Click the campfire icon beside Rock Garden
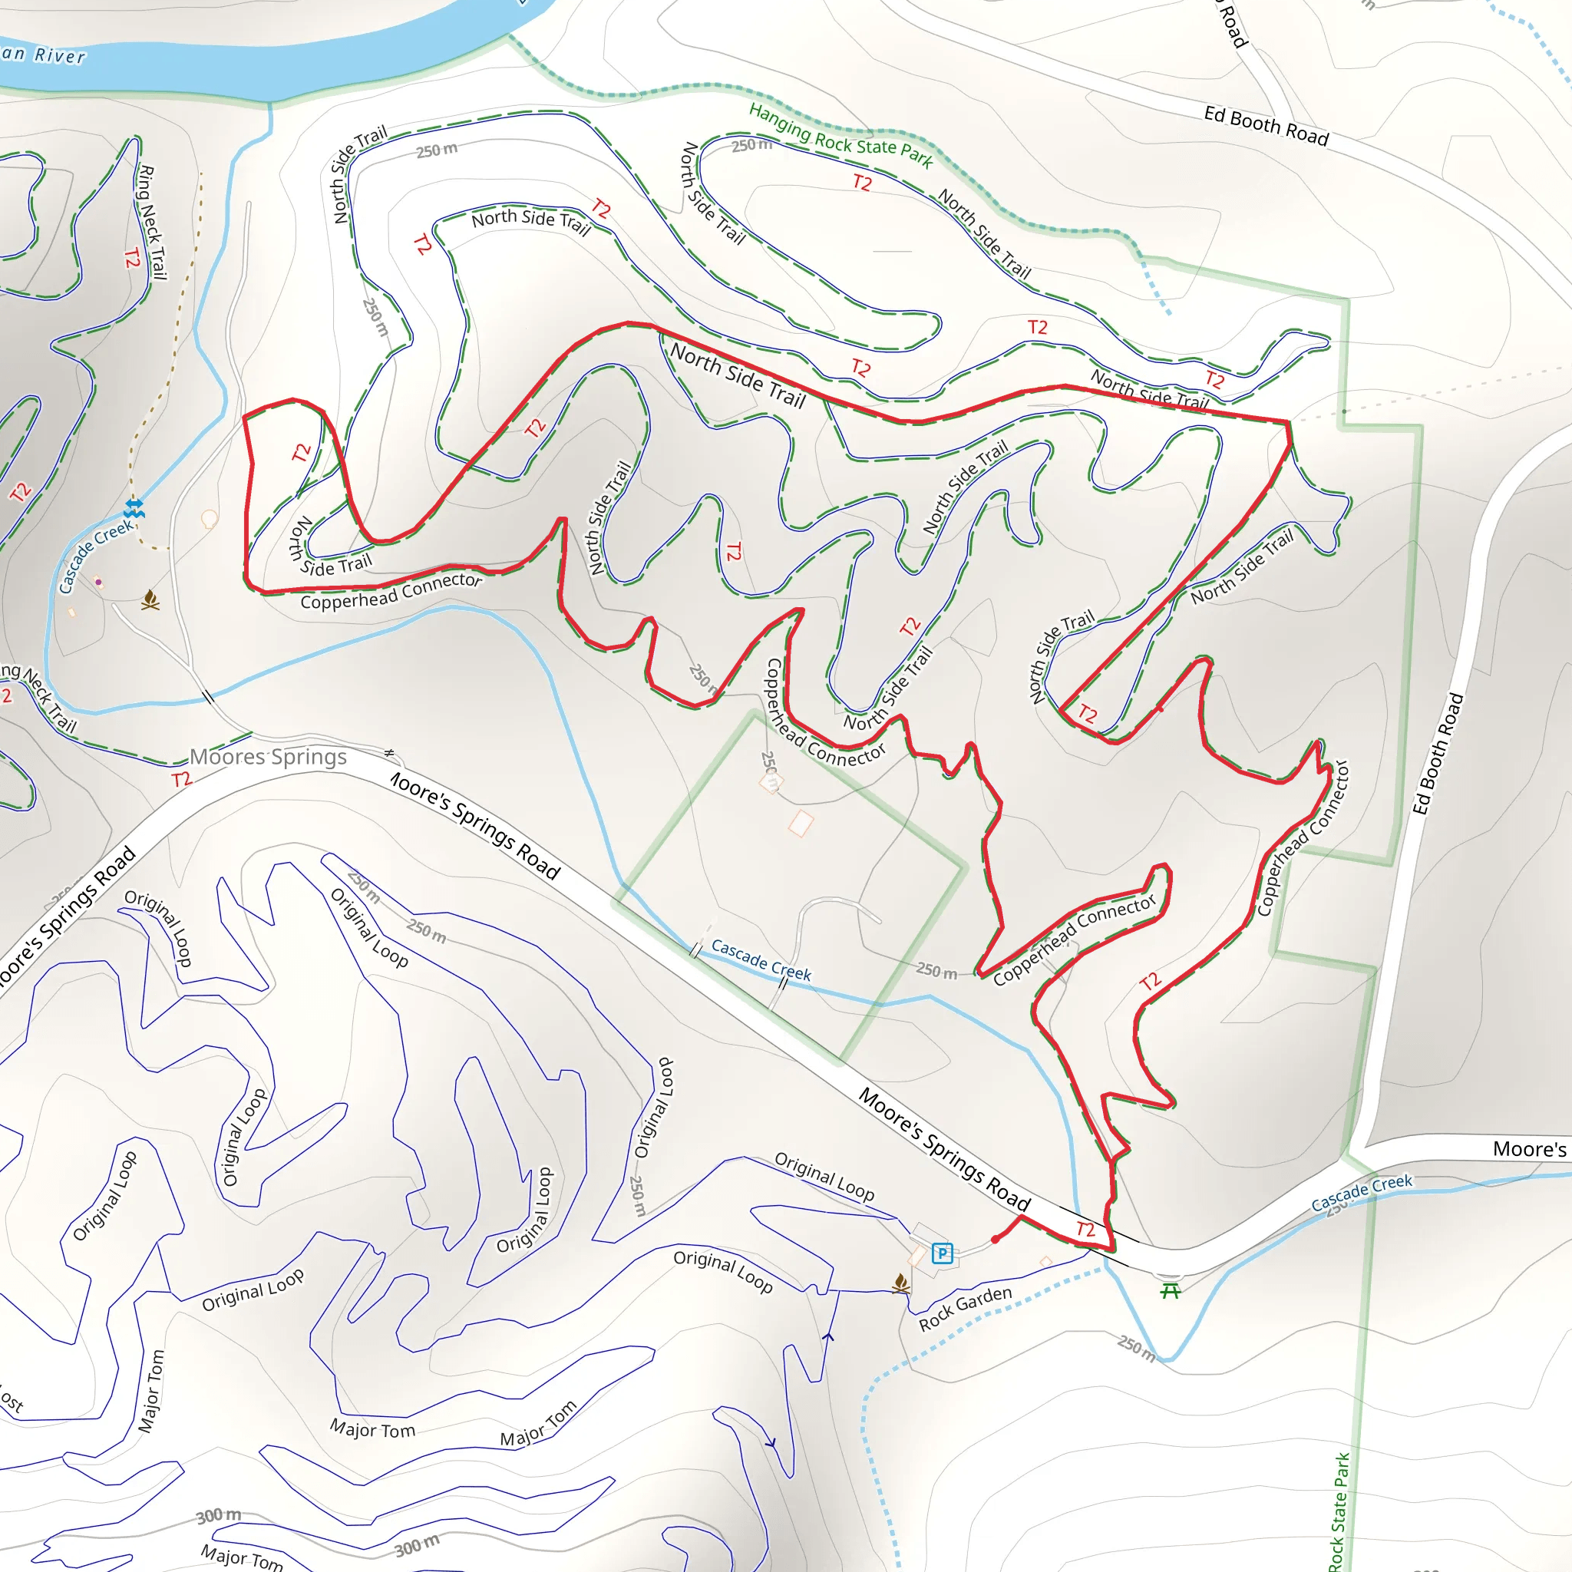tap(900, 1283)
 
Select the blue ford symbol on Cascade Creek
tap(134, 510)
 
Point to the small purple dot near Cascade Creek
tap(98, 582)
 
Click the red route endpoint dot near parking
tap(995, 1239)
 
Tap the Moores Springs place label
tap(269, 758)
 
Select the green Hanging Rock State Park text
tap(840, 136)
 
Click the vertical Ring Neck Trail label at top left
tap(152, 222)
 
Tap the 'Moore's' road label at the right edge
tap(1529, 1149)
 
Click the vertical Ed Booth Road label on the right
tap(1438, 754)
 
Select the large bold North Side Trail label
tap(738, 376)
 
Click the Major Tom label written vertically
tap(151, 1391)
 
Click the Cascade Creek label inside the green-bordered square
tap(761, 960)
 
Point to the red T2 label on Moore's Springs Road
tap(1085, 1229)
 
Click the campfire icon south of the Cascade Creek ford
tap(150, 600)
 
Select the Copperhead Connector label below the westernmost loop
tap(391, 592)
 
